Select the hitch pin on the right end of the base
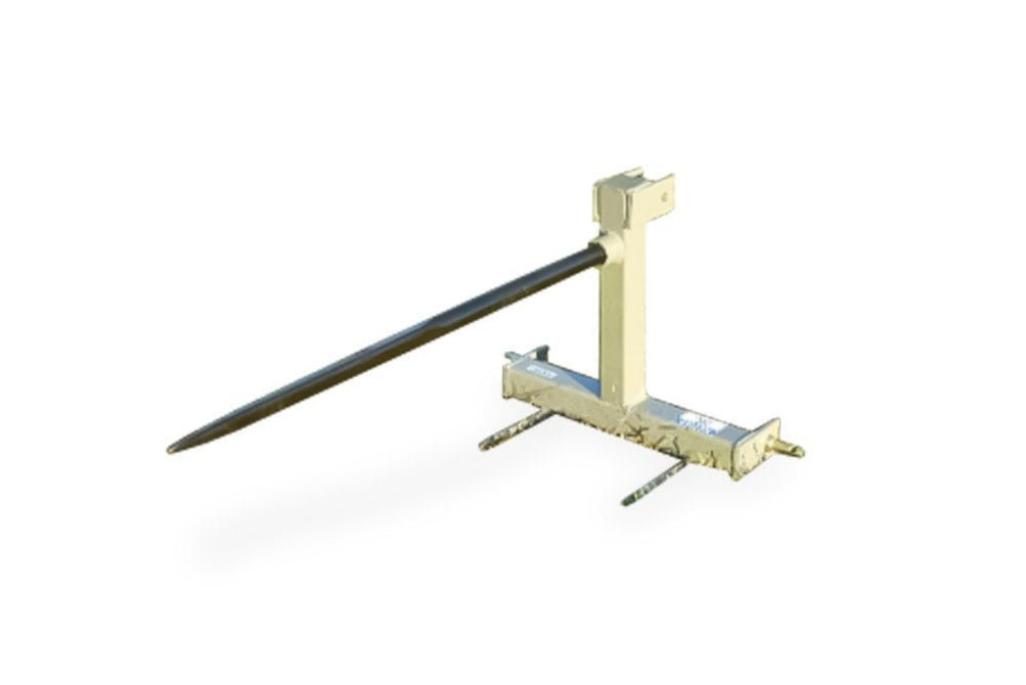[791, 449]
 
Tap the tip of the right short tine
[626, 502]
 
